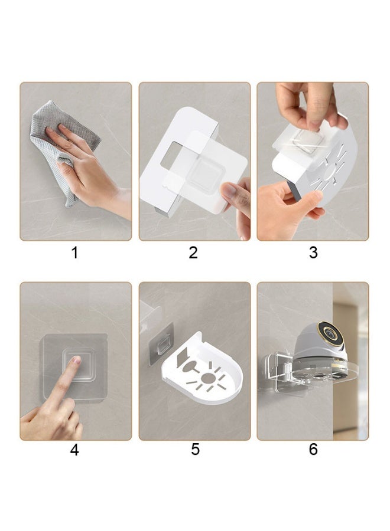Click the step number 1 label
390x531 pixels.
(74, 253)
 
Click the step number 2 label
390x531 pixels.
(193, 253)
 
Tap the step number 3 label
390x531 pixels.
(313, 253)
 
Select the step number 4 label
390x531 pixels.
(74, 450)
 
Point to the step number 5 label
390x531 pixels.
(195, 450)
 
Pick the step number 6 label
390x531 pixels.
(313, 450)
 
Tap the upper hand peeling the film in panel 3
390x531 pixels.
(308, 105)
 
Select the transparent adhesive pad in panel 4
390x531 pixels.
(73, 368)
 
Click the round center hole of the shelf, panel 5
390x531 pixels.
(207, 379)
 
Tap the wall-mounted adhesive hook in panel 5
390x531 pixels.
(162, 344)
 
